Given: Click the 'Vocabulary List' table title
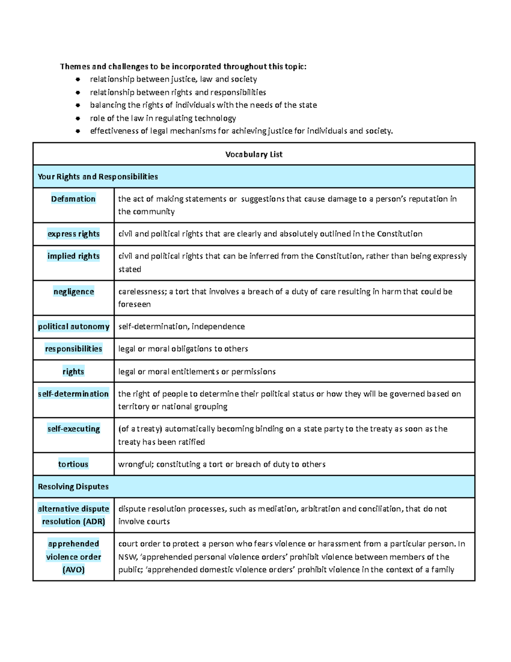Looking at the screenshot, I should point(254,154).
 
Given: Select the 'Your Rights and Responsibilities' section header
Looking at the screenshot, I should point(98,176).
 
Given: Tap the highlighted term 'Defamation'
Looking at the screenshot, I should point(73,199).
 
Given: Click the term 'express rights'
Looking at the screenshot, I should point(73,234).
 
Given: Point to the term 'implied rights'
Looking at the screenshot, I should point(73,256).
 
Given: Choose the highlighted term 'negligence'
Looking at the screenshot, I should point(73,292).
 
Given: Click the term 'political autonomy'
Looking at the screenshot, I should point(73,327).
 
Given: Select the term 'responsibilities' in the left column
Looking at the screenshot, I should point(73,349).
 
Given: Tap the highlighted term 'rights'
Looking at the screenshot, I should point(73,371).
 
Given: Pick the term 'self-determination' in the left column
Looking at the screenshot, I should point(73,394).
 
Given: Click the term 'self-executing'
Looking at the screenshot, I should point(73,429).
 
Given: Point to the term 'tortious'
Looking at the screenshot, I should point(73,464).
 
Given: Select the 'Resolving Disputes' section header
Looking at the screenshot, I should point(73,486).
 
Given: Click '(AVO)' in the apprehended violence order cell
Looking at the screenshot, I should point(73,569).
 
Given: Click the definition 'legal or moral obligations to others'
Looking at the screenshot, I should point(183,349).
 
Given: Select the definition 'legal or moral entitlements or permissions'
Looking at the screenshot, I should point(197,371).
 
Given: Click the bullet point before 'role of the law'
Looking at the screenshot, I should point(78,118).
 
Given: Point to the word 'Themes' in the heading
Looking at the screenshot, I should point(75,66).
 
